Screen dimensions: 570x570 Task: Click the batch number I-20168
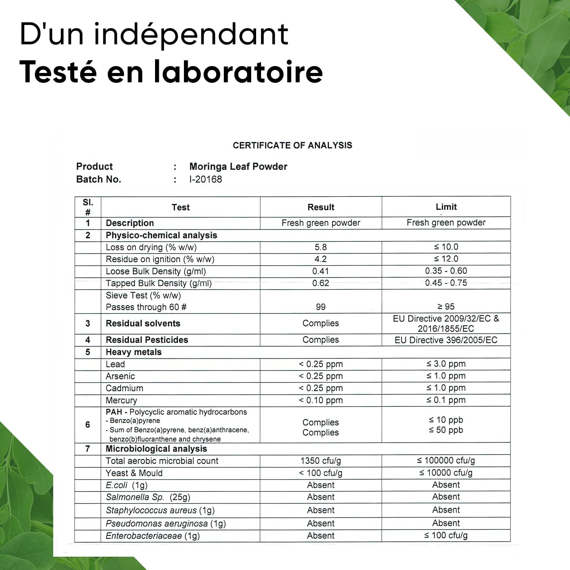[206, 179]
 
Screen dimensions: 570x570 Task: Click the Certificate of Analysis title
[292, 145]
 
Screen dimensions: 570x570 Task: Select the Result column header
[321, 207]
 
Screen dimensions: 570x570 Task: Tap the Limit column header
[446, 207]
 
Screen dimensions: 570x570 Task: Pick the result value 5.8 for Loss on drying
[321, 247]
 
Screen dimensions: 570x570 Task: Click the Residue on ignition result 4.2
[321, 259]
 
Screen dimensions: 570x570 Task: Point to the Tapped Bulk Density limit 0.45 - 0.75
[446, 283]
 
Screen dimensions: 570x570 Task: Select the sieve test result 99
[321, 307]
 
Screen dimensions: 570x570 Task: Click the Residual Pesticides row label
[147, 340]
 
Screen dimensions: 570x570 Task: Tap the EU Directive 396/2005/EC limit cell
[446, 340]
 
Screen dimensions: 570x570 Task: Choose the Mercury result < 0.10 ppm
[321, 400]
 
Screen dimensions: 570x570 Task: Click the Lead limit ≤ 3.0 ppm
[446, 364]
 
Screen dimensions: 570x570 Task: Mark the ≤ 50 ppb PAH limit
[446, 430]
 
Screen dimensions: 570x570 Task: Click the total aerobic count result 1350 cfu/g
[321, 461]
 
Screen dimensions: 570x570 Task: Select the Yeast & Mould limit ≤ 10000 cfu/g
[446, 473]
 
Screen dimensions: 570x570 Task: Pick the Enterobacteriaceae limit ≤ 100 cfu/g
[446, 535]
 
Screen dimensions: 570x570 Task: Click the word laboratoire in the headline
[238, 72]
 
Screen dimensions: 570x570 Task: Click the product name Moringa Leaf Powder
[238, 166]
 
